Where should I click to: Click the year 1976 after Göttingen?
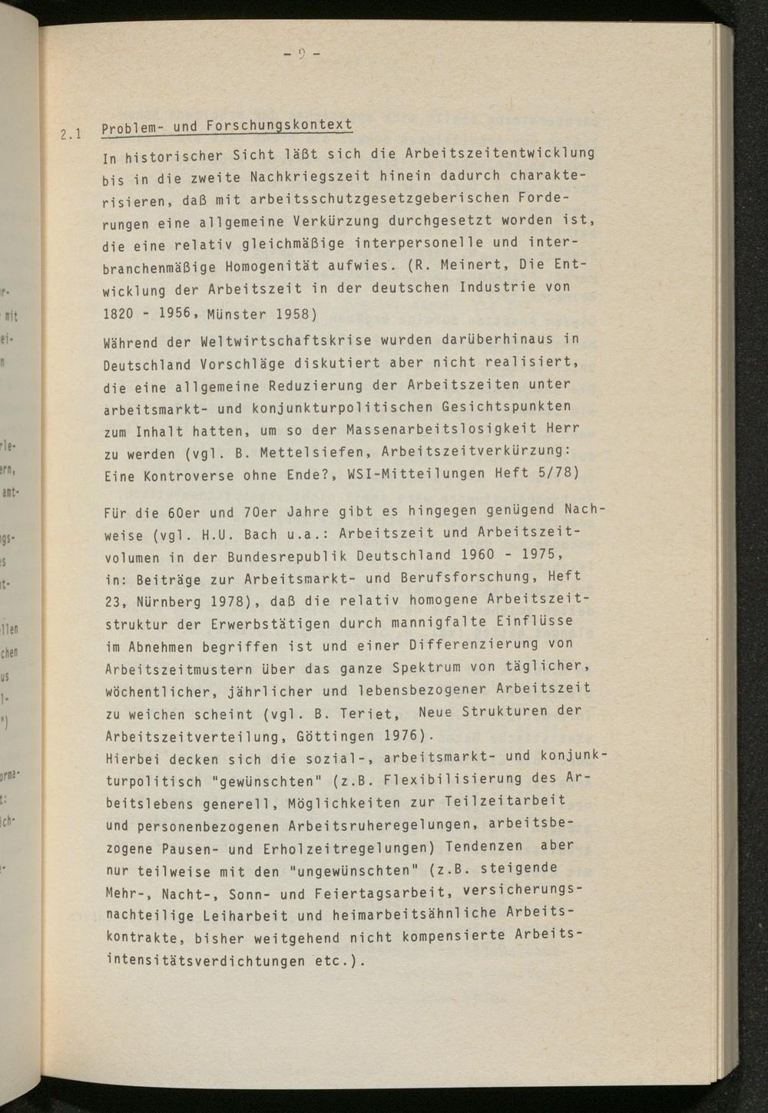(398, 735)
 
